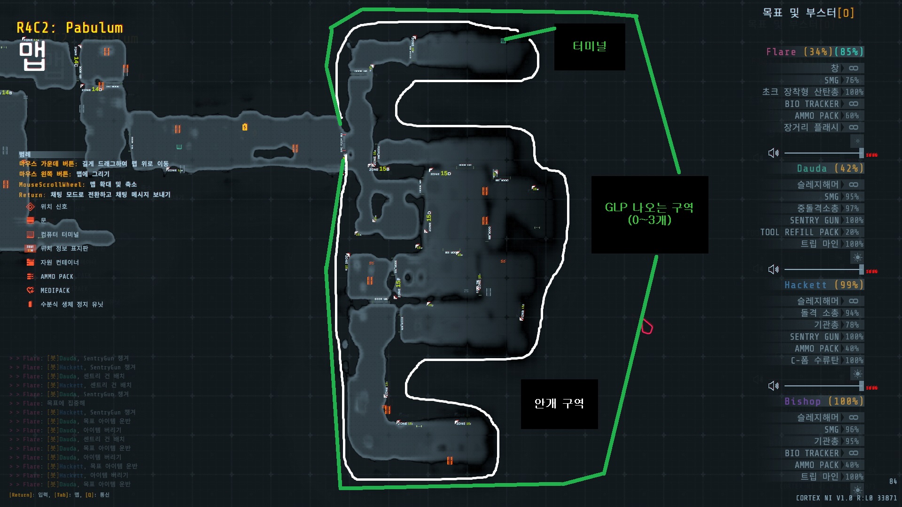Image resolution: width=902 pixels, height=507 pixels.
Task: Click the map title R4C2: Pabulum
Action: pos(70,28)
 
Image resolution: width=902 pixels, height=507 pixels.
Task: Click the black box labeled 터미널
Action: pos(590,46)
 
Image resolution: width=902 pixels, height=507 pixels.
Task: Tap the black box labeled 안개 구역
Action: pos(559,404)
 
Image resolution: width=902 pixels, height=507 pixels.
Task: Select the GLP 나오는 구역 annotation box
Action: pos(649,214)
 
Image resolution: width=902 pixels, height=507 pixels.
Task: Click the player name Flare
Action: pos(781,52)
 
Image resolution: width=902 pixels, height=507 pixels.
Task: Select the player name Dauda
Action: pos(811,168)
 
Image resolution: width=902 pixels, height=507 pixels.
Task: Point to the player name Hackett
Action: pos(805,284)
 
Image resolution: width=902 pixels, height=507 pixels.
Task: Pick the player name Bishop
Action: pos(802,401)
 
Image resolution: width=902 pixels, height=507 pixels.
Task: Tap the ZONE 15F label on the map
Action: pos(398,286)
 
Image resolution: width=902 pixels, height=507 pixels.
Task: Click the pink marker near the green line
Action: pos(647,327)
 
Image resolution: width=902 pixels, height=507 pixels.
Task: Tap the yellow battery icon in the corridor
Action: pos(245,127)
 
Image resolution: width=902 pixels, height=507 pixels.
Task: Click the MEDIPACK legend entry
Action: pos(54,291)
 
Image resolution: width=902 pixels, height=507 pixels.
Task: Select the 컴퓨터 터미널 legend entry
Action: pos(59,234)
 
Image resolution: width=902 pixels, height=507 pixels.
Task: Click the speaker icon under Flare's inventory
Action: pos(773,153)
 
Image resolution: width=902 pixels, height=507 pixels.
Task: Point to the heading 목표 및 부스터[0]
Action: pos(808,13)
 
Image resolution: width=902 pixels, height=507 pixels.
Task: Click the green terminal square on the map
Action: pos(504,41)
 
